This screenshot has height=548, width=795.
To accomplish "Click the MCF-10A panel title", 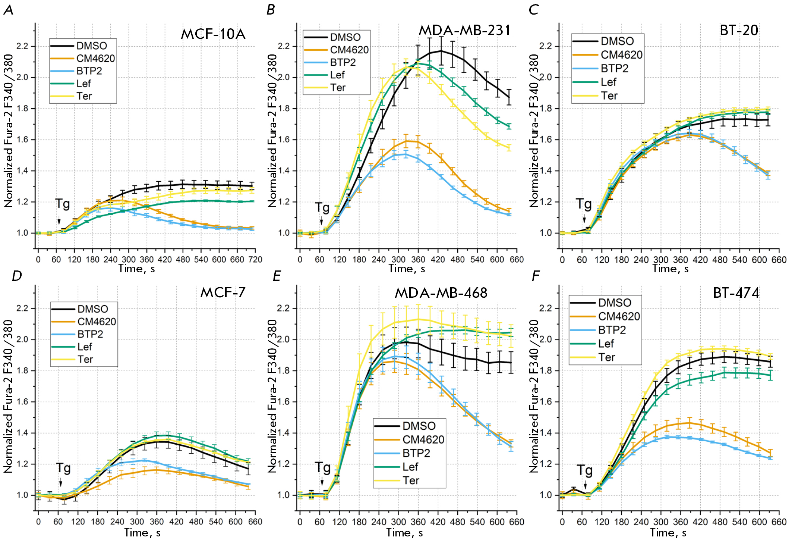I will pos(213,34).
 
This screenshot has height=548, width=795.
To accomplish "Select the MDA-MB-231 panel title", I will pos(464,30).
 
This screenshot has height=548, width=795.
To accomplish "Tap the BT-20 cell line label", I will pos(739,30).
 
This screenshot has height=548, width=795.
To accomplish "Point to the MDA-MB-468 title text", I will pos(441,293).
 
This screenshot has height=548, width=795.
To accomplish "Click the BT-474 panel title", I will pos(736,293).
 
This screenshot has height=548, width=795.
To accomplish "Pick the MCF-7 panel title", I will pos(223,292).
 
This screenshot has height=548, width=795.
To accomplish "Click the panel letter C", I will pos(533,10).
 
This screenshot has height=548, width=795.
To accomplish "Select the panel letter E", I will pos(277,276).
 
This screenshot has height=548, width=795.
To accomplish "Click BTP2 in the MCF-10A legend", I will pos(89,71).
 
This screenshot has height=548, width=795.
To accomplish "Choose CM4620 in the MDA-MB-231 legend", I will pos(349,50).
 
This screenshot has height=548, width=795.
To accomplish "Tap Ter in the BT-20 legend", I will pos(609,96).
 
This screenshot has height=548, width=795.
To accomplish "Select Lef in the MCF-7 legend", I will pos(85,347).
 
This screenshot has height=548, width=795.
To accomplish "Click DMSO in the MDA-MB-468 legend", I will pos(419,426).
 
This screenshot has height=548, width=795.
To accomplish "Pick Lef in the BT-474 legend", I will pos(606,344).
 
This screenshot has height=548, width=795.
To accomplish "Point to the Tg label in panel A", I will pos(63,204).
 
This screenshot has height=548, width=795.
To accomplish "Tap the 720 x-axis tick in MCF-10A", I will pos(255,260).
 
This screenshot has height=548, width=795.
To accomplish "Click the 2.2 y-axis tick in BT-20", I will pos(545,46).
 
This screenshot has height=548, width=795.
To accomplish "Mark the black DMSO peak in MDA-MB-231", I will pos(441,51).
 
